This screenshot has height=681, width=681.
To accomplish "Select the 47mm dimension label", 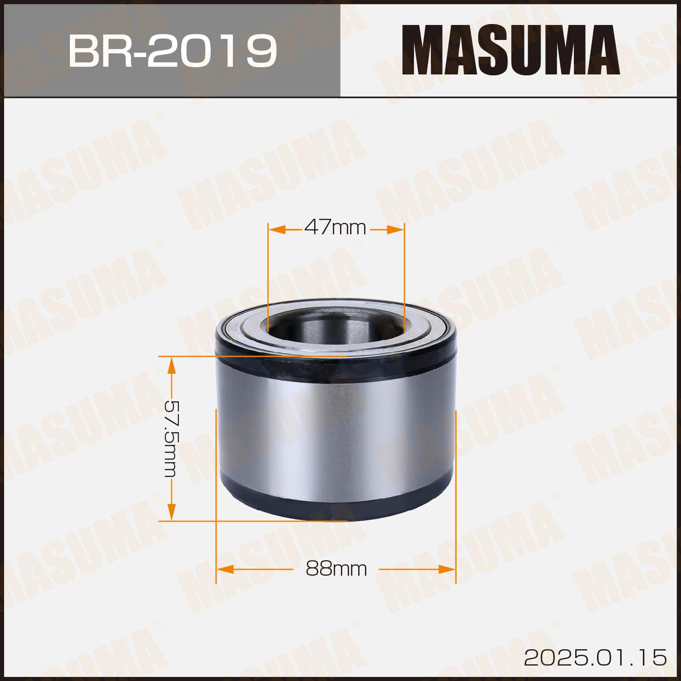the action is tap(336, 227).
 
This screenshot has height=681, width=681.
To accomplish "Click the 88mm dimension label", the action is tap(336, 568).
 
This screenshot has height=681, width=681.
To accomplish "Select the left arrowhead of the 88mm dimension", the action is tap(225, 568).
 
